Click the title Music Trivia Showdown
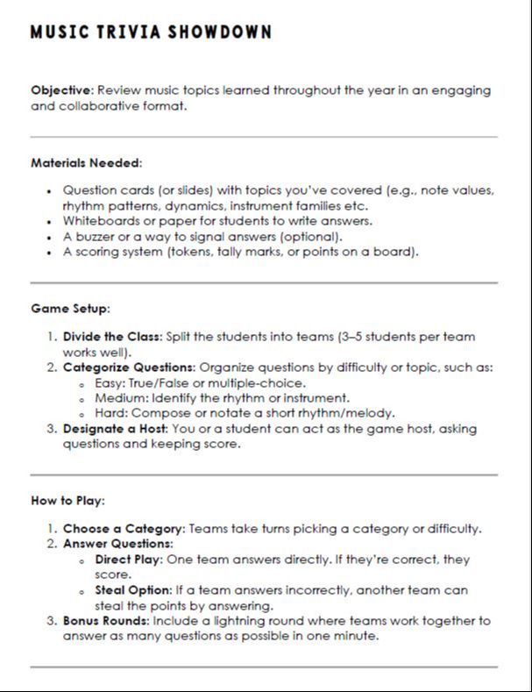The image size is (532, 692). click(x=151, y=32)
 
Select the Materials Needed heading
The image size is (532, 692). click(x=86, y=162)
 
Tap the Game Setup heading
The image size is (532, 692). click(x=70, y=309)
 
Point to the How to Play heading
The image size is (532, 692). click(x=68, y=501)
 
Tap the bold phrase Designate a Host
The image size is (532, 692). click(x=116, y=428)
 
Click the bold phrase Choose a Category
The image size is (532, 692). click(x=123, y=529)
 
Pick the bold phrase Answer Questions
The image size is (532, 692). click(x=117, y=544)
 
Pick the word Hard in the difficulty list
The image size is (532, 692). click(x=110, y=413)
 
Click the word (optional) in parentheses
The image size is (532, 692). click(x=314, y=237)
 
